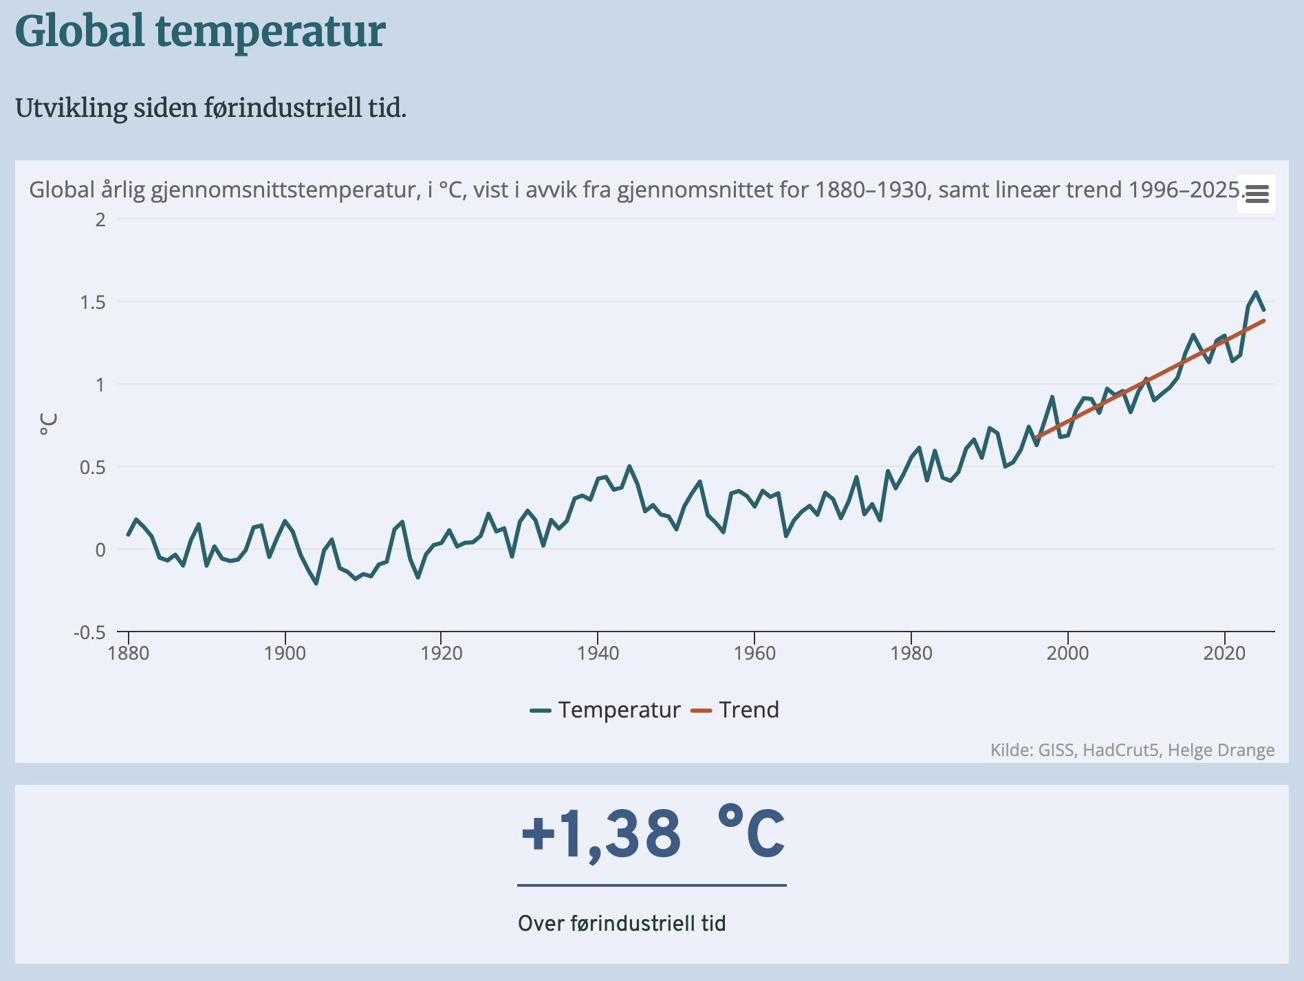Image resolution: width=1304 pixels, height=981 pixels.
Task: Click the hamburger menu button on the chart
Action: point(1257,194)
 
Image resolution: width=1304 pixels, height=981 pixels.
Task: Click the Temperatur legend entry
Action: point(618,710)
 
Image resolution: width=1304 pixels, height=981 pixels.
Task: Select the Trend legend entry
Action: point(748,710)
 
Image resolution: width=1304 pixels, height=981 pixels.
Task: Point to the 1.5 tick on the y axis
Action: point(93,302)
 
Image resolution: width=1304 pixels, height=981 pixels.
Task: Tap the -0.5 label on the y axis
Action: point(89,632)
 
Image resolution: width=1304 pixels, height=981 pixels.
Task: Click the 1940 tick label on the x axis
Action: point(598,653)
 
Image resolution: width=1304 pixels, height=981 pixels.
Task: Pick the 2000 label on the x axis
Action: point(1067,653)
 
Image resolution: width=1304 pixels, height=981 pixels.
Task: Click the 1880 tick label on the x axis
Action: point(129,653)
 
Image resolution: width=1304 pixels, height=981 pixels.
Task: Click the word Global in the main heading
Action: point(80,32)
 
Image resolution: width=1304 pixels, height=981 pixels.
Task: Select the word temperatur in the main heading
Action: point(270,32)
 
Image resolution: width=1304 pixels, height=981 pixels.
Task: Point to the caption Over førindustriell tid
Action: point(622,923)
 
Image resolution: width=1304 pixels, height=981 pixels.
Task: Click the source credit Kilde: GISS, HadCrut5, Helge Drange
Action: point(1132,750)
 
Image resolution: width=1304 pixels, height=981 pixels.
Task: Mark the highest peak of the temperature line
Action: point(1256,292)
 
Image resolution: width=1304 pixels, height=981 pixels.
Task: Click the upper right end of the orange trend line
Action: point(1264,321)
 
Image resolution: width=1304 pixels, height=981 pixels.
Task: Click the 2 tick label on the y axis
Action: point(100,219)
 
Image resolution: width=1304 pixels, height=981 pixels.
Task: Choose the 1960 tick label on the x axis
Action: point(754,653)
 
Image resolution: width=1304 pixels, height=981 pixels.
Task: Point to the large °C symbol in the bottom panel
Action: point(750,834)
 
